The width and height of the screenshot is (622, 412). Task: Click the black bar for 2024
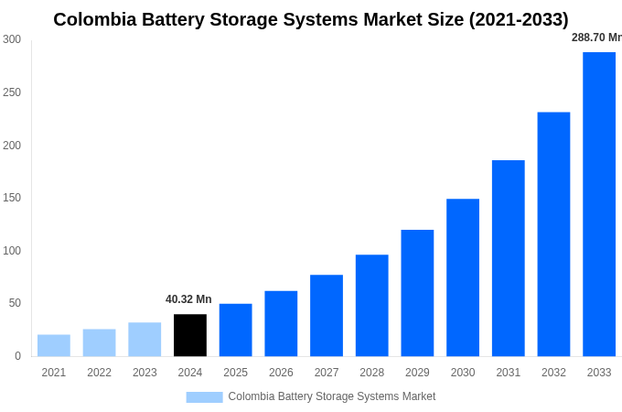click(190, 335)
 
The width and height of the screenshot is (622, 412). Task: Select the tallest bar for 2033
click(599, 204)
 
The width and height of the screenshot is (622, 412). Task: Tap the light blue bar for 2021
click(54, 345)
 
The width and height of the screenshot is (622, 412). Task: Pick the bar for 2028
click(371, 305)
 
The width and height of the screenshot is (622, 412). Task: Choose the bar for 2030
click(463, 277)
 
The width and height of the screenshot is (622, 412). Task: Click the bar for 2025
click(235, 330)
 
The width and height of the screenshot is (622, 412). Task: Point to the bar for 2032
click(553, 234)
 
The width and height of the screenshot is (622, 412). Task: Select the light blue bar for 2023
click(145, 339)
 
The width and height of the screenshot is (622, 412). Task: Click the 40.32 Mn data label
click(188, 299)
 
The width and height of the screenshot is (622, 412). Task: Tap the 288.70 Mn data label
click(595, 38)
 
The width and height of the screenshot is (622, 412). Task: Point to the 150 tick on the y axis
click(12, 198)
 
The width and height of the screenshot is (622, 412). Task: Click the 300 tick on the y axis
click(12, 39)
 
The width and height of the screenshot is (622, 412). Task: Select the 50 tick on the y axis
click(15, 303)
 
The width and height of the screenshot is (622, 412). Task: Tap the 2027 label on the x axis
click(327, 373)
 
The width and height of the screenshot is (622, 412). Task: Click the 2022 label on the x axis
click(99, 373)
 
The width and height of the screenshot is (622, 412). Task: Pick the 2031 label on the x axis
click(508, 373)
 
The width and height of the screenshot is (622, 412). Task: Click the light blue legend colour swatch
click(204, 396)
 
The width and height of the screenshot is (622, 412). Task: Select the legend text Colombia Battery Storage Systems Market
click(332, 396)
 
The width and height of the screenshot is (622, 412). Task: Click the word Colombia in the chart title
click(94, 19)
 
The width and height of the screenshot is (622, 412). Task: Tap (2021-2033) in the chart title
click(519, 19)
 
